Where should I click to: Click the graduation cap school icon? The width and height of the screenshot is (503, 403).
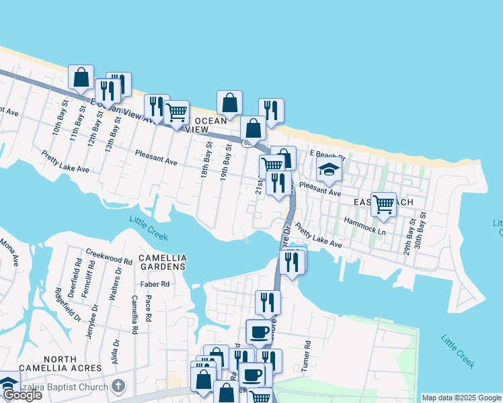click(x=329, y=169)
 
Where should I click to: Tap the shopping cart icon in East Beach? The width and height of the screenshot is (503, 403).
click(x=383, y=203)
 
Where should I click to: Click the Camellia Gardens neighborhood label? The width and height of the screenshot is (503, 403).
click(x=161, y=262)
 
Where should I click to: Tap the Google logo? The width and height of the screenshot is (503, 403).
click(x=22, y=395)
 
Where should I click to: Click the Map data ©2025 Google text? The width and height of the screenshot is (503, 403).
click(x=461, y=398)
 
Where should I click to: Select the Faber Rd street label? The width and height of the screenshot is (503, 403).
click(x=155, y=284)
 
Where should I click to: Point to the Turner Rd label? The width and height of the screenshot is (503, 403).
click(x=307, y=352)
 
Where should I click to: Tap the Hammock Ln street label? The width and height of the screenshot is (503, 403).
click(x=364, y=224)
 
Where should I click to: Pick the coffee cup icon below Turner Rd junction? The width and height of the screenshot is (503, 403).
click(x=259, y=331)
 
